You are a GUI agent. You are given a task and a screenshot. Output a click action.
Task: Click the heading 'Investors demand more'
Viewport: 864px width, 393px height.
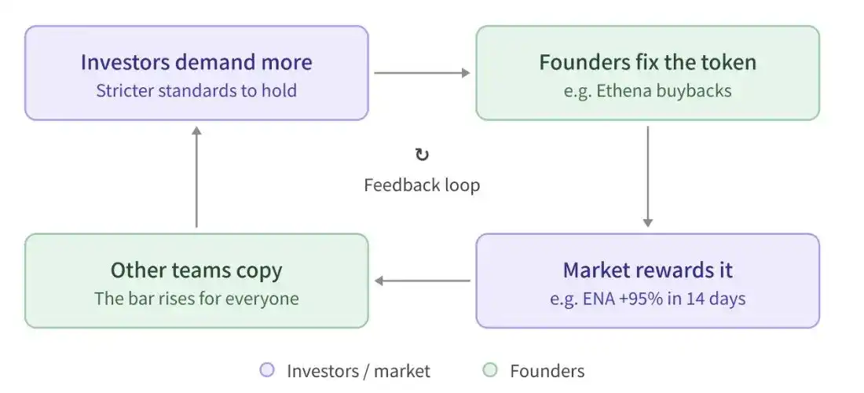[196, 62]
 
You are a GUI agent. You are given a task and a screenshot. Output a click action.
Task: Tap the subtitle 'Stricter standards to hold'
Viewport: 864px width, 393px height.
[196, 90]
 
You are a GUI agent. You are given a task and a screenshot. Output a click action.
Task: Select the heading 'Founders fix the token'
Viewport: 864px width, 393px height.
[647, 62]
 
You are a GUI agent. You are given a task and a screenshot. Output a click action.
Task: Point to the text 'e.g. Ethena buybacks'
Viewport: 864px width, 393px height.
[647, 90]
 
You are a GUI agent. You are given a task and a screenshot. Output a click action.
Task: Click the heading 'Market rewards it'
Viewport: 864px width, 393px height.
[647, 270]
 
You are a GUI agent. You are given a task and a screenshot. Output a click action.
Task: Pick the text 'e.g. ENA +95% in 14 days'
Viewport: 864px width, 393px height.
[647, 299]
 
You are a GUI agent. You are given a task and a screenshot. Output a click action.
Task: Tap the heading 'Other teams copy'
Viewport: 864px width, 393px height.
[196, 270]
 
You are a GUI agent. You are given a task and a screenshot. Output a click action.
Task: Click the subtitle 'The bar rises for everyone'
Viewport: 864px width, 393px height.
[196, 299]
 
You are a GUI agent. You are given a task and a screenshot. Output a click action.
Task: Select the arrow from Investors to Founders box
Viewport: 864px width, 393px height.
[422, 73]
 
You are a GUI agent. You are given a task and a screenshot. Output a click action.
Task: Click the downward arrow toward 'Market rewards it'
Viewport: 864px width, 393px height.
[647, 176]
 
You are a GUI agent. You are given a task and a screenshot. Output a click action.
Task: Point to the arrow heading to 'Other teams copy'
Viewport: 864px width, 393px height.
[422, 281]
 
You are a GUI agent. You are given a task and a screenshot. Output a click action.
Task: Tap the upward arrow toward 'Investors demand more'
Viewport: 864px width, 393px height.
[196, 177]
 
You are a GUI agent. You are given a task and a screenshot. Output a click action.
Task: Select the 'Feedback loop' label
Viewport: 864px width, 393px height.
[422, 185]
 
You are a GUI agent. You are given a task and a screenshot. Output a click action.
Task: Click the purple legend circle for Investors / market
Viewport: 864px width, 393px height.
[267, 370]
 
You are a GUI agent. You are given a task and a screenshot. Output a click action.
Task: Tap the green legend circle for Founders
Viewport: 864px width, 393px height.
[489, 370]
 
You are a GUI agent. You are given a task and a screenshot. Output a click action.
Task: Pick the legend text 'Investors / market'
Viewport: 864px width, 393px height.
[358, 371]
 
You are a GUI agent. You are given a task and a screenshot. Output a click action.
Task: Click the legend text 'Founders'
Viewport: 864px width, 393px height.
[547, 371]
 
